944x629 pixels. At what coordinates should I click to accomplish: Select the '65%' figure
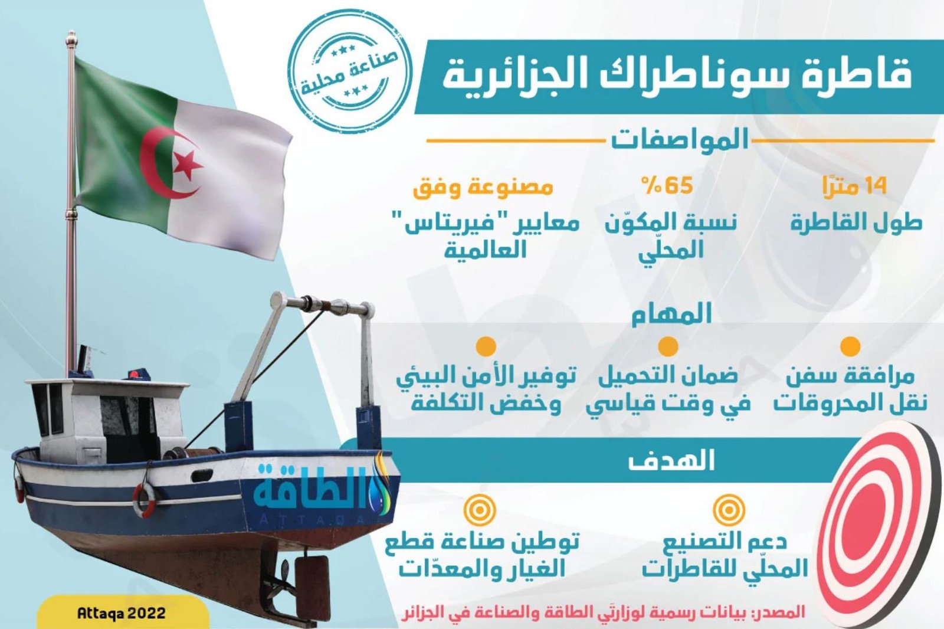click(x=667, y=185)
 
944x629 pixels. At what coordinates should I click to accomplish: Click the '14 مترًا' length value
click(x=855, y=186)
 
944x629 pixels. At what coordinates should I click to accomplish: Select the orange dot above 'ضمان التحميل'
click(x=668, y=346)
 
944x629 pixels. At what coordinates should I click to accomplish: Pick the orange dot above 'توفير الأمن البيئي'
click(x=486, y=346)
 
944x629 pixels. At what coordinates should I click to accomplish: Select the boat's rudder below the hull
click(x=312, y=579)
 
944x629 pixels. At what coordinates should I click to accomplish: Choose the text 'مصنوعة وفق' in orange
click(x=483, y=187)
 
